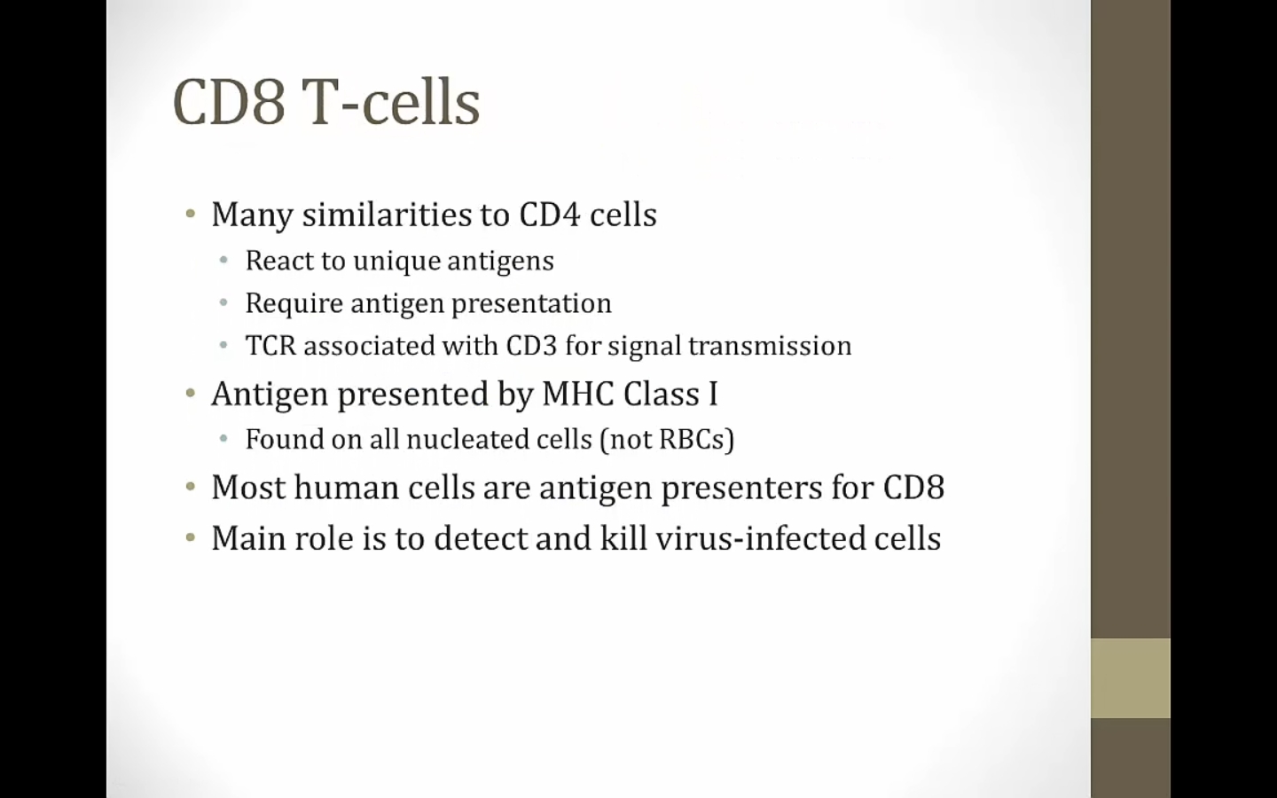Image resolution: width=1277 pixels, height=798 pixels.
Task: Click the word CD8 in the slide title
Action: click(x=228, y=103)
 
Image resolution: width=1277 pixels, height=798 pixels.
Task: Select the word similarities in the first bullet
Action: click(x=387, y=215)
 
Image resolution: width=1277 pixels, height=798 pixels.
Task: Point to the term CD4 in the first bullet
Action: click(x=550, y=215)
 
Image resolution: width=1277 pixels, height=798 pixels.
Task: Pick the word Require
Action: click(x=294, y=303)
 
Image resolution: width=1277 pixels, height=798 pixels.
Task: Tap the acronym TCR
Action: click(x=270, y=346)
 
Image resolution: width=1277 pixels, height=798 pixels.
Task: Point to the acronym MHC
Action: click(x=578, y=394)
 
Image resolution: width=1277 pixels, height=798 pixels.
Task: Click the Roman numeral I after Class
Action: click(x=713, y=394)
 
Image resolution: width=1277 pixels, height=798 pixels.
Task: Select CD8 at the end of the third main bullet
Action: click(x=913, y=488)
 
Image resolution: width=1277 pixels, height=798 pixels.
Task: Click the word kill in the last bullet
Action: click(x=623, y=537)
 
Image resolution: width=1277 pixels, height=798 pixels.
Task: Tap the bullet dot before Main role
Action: click(x=191, y=537)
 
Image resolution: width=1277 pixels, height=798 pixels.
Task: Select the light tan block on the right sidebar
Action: click(x=1131, y=678)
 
